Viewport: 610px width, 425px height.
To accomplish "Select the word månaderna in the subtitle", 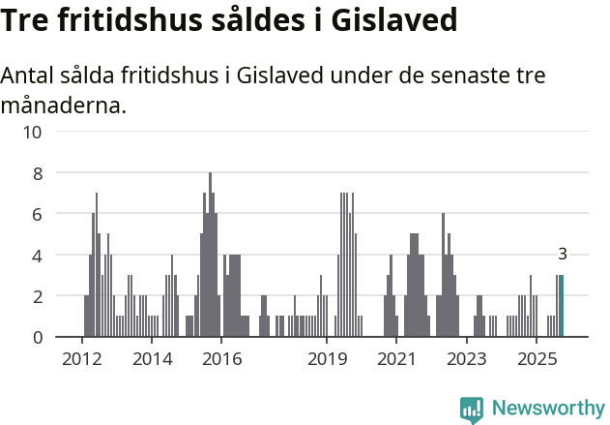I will pyautogui.click(x=63, y=105).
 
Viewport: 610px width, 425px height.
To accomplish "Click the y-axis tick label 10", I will pyautogui.click(x=32, y=132).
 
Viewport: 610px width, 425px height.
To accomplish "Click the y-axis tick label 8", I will pyautogui.click(x=37, y=173).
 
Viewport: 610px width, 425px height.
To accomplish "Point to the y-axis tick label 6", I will pyautogui.click(x=37, y=214).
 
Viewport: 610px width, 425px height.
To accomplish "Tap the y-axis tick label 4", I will pyautogui.click(x=37, y=256).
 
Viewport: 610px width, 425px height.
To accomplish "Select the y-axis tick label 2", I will pyautogui.click(x=37, y=296).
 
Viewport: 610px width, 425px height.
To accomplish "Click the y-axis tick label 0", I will pyautogui.click(x=37, y=338).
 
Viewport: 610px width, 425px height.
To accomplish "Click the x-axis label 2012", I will pyautogui.click(x=81, y=360).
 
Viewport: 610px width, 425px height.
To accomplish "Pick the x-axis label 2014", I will pyautogui.click(x=152, y=360).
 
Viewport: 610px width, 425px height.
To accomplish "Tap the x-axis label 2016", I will pyautogui.click(x=221, y=360).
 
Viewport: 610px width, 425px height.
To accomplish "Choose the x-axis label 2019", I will pyautogui.click(x=327, y=360).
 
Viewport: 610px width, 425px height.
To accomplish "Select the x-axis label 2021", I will pyautogui.click(x=396, y=360).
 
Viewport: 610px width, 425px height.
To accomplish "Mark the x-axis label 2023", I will pyautogui.click(x=467, y=360).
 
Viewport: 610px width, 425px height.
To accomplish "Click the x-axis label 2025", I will pyautogui.click(x=537, y=360).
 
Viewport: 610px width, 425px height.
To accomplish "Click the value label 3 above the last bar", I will pyautogui.click(x=563, y=255).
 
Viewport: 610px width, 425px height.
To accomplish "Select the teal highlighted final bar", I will pyautogui.click(x=563, y=306).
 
